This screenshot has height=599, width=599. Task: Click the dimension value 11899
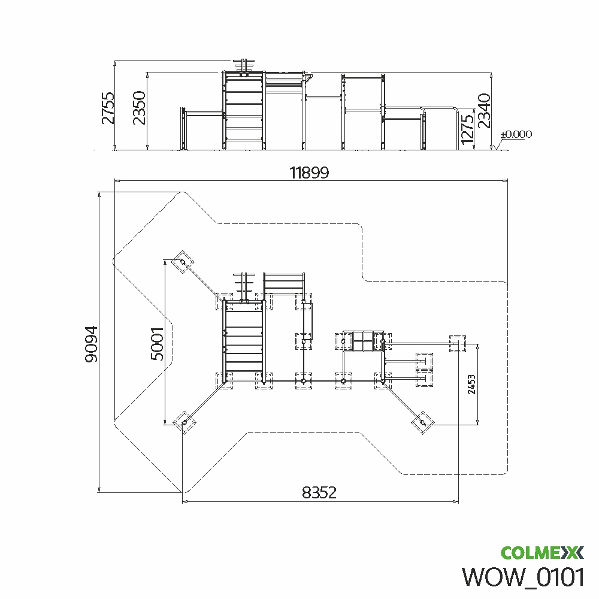[x=309, y=173]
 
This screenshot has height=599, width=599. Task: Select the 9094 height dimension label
[x=91, y=344]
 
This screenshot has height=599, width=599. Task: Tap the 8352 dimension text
[x=319, y=492]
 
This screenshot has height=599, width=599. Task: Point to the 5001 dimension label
[x=158, y=344]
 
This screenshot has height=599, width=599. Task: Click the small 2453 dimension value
[x=471, y=385]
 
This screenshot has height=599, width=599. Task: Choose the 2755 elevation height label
[x=108, y=108]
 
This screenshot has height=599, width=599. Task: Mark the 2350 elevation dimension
[x=140, y=108]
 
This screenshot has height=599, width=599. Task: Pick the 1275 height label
[x=467, y=130]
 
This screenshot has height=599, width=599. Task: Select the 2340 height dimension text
[x=484, y=111]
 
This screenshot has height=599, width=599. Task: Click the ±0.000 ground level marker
[x=516, y=134]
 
